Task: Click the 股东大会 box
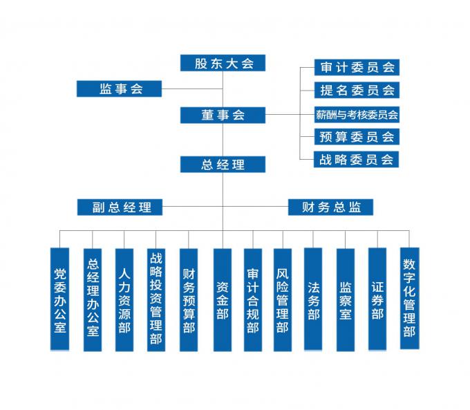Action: point(223,63)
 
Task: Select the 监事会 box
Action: point(119,88)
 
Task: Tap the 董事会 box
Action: point(223,115)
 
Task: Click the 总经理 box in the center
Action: point(223,165)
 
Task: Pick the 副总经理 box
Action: point(120,207)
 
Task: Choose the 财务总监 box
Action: point(330,207)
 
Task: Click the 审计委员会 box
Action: point(357,68)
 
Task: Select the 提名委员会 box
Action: point(357,90)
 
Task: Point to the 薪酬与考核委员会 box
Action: point(357,115)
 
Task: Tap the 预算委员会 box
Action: point(357,137)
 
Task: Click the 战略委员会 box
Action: point(356,159)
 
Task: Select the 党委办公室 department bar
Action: point(59,299)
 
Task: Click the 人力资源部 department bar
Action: point(124,300)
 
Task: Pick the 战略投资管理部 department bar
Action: point(156,300)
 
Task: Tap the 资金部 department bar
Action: point(223,300)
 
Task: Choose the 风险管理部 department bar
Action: point(283,300)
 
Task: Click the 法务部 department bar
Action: point(313,299)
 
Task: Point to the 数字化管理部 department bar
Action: point(410,299)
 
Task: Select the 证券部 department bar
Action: point(377,299)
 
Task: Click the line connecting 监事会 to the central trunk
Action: point(192,88)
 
